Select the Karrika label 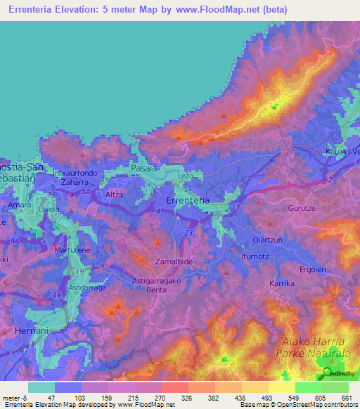(281, 283)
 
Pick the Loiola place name (46, 209)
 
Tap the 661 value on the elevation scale (345, 398)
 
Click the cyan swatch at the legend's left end (41, 387)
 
